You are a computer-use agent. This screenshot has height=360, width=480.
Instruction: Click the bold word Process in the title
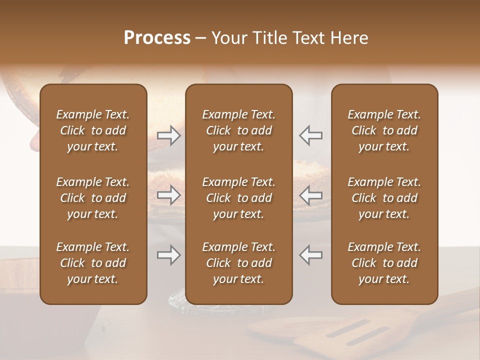[157, 38]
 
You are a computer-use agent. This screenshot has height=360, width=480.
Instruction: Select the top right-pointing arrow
[168, 135]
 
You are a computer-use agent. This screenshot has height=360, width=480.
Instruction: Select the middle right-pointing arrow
[168, 195]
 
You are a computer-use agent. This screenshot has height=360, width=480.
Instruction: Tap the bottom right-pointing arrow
[168, 255]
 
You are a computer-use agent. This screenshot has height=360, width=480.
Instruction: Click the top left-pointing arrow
[311, 135]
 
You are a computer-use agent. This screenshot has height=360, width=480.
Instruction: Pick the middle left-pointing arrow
[311, 195]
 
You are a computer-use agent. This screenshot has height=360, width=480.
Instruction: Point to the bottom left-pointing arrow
[311, 254]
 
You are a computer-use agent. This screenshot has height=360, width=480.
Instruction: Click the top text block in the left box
[93, 130]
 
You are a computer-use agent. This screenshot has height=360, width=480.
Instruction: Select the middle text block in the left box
[93, 198]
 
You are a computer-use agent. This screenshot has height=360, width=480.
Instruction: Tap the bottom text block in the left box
[93, 263]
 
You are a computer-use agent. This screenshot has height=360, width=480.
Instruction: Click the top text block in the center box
[238, 130]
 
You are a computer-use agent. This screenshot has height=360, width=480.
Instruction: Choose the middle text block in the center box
[238, 198]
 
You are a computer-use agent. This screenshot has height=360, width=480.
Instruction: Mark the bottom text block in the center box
[238, 263]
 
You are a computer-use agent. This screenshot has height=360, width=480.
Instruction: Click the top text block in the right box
[384, 130]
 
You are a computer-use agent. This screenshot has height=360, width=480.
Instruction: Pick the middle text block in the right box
[384, 198]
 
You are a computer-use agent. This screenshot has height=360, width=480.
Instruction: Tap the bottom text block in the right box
[384, 263]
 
